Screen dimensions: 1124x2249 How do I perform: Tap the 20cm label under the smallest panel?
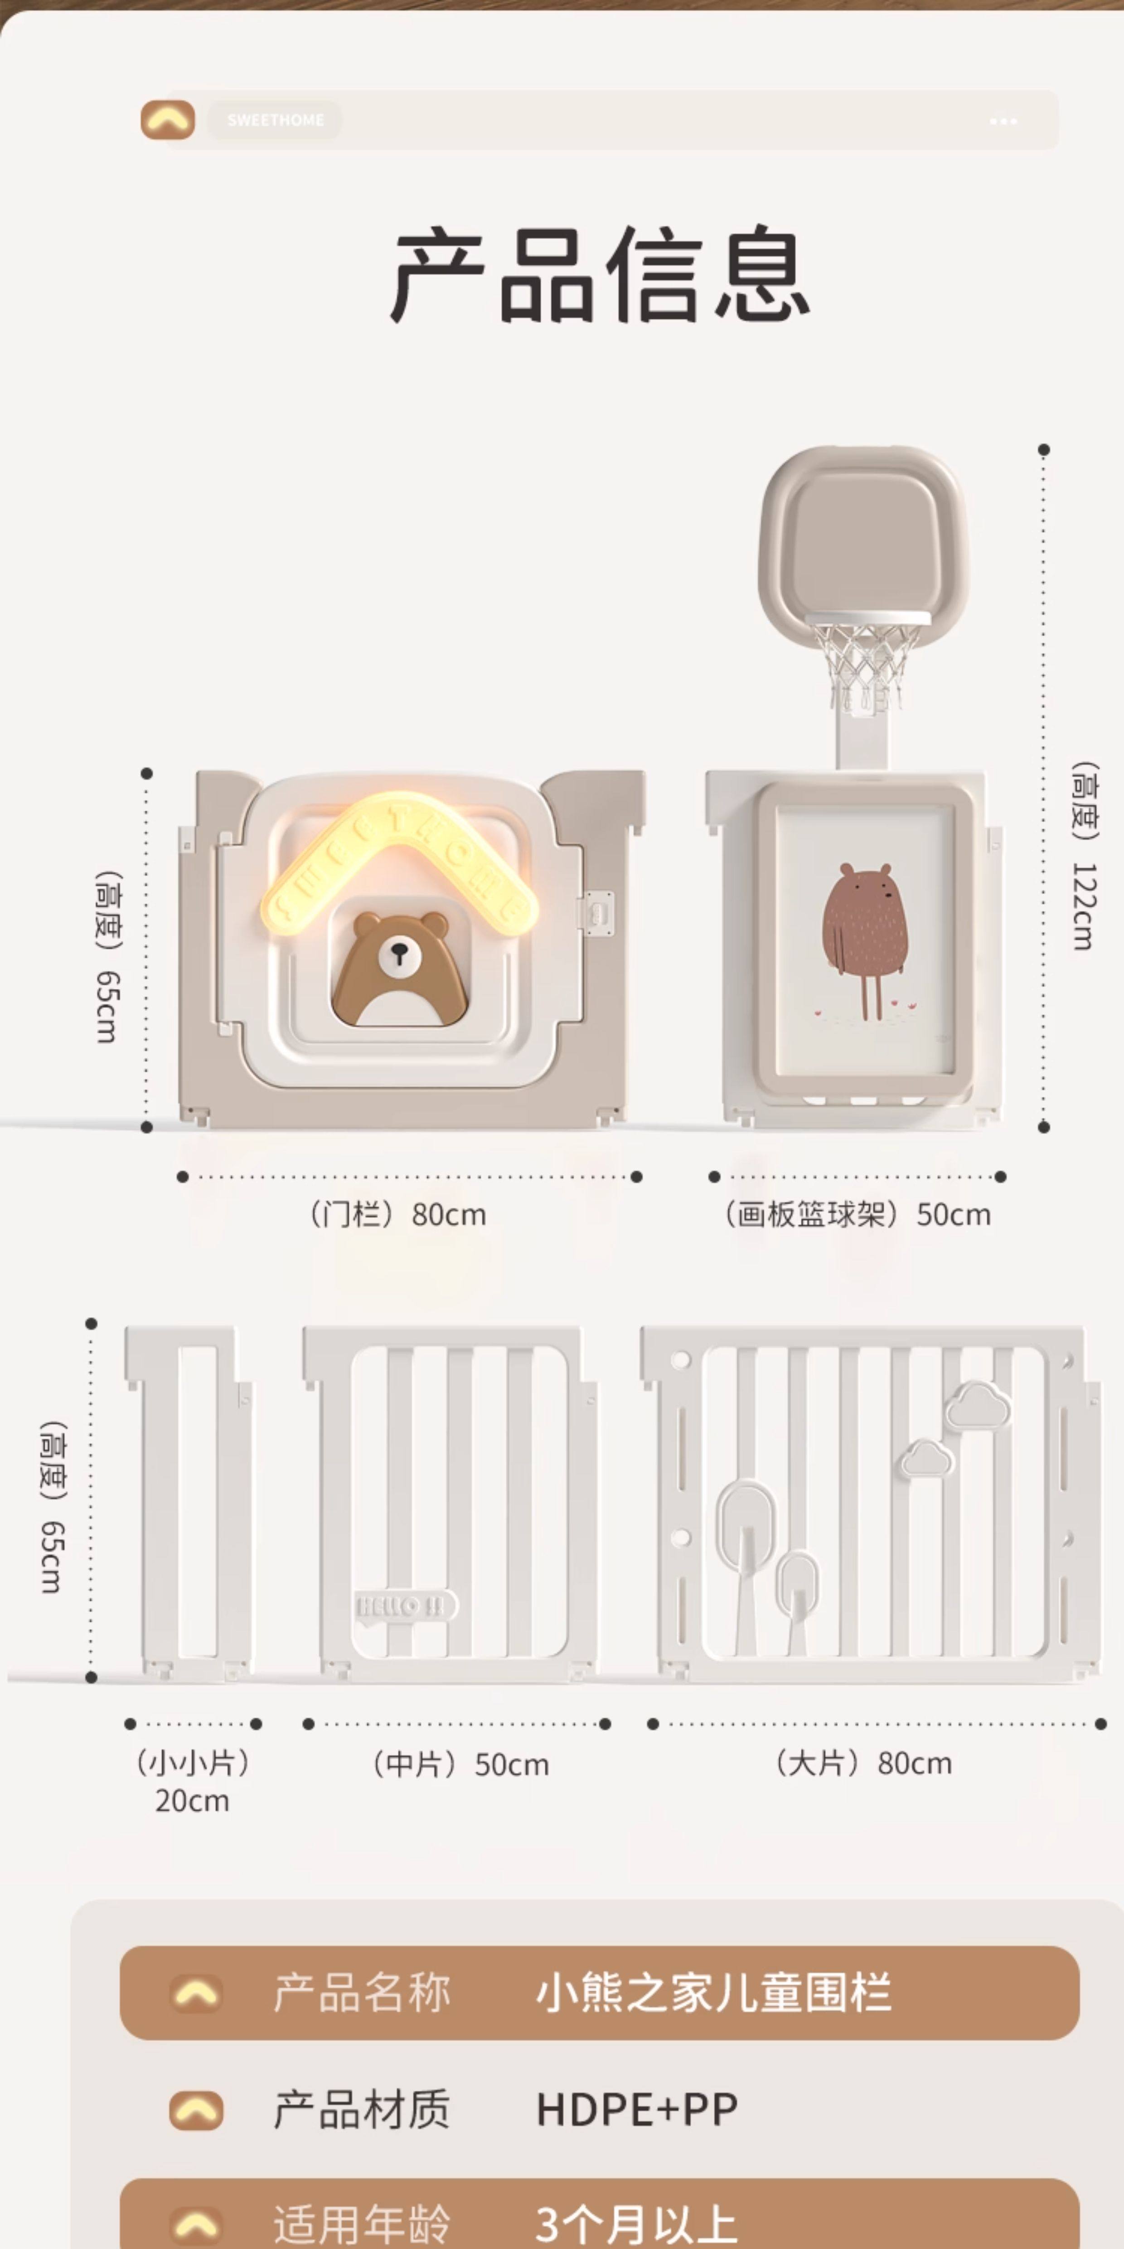pyautogui.click(x=192, y=1800)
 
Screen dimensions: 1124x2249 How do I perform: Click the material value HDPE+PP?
pyautogui.click(x=636, y=2109)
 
